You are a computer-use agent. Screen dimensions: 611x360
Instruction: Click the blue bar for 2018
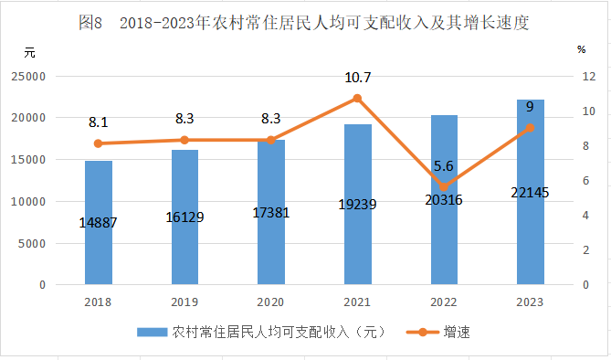pos(99,223)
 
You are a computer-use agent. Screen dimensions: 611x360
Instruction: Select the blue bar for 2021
pos(358,205)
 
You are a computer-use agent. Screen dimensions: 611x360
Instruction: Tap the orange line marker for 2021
pos(357,99)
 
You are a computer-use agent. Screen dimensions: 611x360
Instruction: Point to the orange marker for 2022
pos(444,186)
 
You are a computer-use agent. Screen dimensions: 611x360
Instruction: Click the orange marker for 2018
pos(99,143)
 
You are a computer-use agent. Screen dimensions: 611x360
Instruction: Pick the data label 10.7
pos(358,78)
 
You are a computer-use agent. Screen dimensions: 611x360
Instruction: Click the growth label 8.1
pos(99,122)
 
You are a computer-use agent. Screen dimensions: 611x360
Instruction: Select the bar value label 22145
pos(530,192)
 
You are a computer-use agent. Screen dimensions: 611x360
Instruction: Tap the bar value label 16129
pos(184,217)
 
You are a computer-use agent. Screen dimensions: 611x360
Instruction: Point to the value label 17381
pos(271,213)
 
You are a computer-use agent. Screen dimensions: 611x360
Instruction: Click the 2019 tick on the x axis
pos(184,302)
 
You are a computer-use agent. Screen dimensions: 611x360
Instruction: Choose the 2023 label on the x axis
pos(530,302)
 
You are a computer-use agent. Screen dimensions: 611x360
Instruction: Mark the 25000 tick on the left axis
pos(28,77)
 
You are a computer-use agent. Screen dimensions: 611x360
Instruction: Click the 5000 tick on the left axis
pos(32,244)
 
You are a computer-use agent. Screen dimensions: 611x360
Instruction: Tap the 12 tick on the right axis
pos(589,77)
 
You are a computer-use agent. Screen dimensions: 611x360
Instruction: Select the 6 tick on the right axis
pos(585,181)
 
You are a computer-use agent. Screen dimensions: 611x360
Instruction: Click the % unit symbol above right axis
pos(582,49)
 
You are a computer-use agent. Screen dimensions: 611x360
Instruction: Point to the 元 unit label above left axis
pos(29,53)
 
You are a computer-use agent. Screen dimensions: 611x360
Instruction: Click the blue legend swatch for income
pos(152,333)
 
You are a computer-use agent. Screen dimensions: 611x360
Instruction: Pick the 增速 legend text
pos(457,333)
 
